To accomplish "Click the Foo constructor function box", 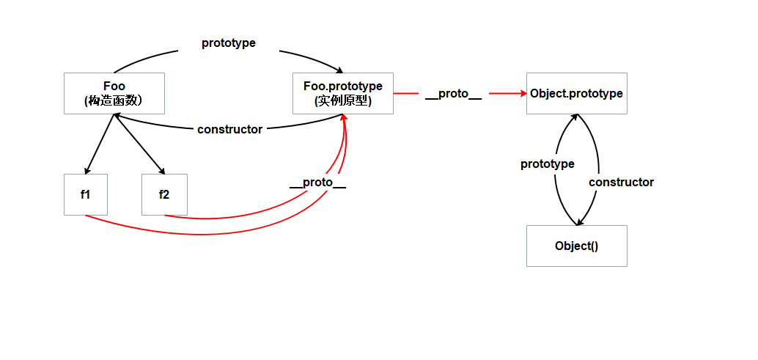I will point(114,93).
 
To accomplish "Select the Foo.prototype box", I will point(342,93).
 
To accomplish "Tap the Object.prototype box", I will point(576,93).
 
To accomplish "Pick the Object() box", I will point(576,246).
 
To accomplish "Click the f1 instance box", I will point(85,194).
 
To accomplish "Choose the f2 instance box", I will point(164,194).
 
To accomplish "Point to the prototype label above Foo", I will point(229,43).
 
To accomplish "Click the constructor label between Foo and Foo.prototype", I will point(229,130).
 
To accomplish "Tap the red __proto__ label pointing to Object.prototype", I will point(453,94).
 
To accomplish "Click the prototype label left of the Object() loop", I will point(547,164).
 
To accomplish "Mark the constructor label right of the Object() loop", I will point(621,182).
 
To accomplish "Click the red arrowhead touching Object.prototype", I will point(523,93).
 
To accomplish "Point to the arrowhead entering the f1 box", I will point(87,170).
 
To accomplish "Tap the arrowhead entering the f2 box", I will point(163,170).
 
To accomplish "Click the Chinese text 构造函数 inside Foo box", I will point(114,101).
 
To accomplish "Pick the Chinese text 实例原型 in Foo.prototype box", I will point(342,101).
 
